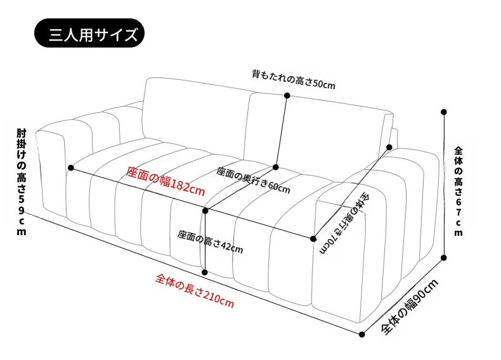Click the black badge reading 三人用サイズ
(x=89, y=33)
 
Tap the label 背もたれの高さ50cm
(x=294, y=79)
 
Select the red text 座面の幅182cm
(x=165, y=181)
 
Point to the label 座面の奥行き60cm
(x=254, y=180)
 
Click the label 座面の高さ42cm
(x=211, y=241)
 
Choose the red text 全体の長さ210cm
(x=195, y=290)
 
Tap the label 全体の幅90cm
(x=410, y=307)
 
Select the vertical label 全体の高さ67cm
(x=459, y=191)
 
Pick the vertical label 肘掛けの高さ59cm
(x=22, y=182)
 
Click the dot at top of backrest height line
(x=287, y=95)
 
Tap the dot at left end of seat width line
(x=71, y=168)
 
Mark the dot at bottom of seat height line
(x=205, y=273)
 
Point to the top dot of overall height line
(x=443, y=112)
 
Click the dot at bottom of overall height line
(x=443, y=257)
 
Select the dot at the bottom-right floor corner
(x=361, y=335)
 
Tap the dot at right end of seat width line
(x=313, y=238)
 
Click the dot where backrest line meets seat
(x=276, y=167)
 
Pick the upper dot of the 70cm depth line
(x=389, y=147)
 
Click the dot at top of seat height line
(x=205, y=211)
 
